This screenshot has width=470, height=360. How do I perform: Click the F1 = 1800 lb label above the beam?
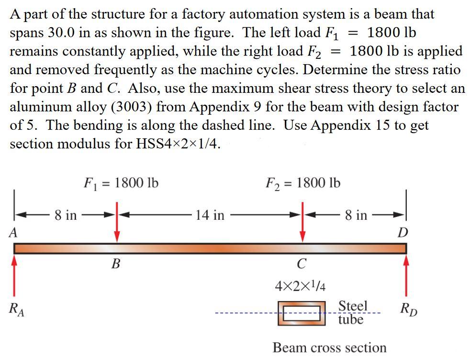tap(121, 183)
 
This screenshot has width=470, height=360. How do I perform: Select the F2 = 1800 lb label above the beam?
tap(302, 183)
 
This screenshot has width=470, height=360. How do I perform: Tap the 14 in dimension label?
tap(210, 215)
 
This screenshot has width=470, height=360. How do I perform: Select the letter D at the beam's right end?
tap(403, 233)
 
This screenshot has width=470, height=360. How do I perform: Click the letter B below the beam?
tap(115, 264)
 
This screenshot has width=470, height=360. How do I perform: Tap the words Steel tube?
tap(352, 312)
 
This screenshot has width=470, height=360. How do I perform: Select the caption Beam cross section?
tap(329, 347)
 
